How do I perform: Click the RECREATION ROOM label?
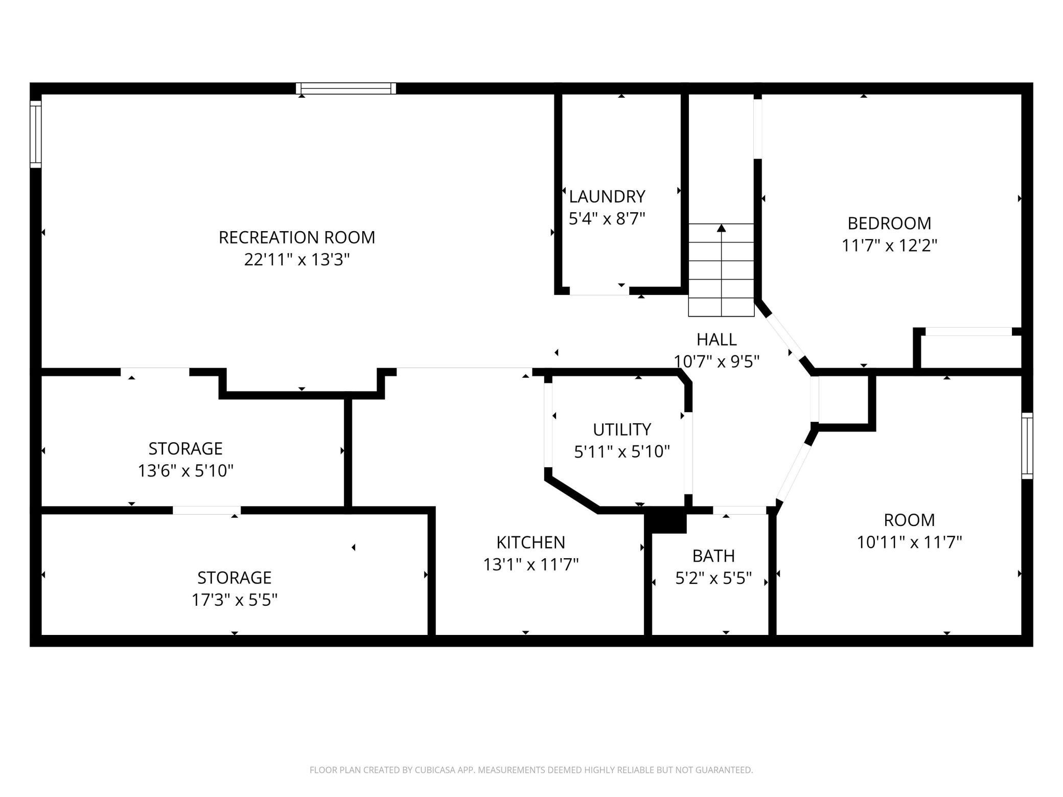pyautogui.click(x=296, y=237)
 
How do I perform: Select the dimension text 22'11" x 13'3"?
pyautogui.click(x=296, y=260)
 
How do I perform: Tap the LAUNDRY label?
pyautogui.click(x=607, y=196)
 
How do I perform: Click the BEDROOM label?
pyautogui.click(x=889, y=223)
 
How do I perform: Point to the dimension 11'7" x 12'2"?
pyautogui.click(x=889, y=246)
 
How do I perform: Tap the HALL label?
pyautogui.click(x=717, y=339)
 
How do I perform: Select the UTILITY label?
pyautogui.click(x=621, y=429)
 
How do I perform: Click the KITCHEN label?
pyautogui.click(x=530, y=542)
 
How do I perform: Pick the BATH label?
pyautogui.click(x=713, y=556)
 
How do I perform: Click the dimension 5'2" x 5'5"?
pyautogui.click(x=713, y=578)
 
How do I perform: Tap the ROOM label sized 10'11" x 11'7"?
pyautogui.click(x=909, y=520)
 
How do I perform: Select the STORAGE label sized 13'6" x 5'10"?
pyautogui.click(x=186, y=448)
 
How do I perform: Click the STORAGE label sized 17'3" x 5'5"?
pyautogui.click(x=234, y=578)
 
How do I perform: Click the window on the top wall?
pyautogui.click(x=346, y=88)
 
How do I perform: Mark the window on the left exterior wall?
pyautogui.click(x=35, y=134)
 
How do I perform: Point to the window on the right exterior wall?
pyautogui.click(x=1027, y=446)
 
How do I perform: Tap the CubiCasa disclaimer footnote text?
pyautogui.click(x=531, y=770)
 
